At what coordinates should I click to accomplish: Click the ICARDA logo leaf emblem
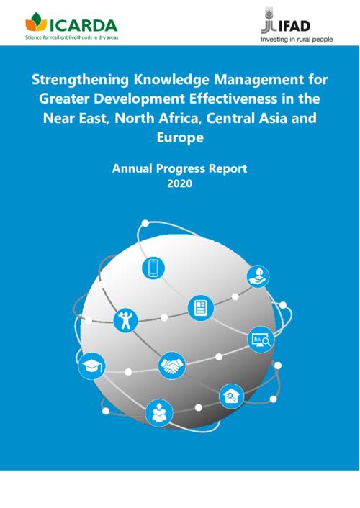pyautogui.click(x=36, y=22)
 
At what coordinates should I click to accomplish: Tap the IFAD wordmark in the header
pyautogui.click(x=294, y=26)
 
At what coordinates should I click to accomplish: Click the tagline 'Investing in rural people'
pyautogui.click(x=297, y=40)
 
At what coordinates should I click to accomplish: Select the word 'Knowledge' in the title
pyautogui.click(x=172, y=80)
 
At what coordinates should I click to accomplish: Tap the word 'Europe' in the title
pyautogui.click(x=180, y=137)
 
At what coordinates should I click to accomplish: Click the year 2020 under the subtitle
pyautogui.click(x=180, y=183)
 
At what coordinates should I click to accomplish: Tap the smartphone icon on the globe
pyautogui.click(x=153, y=268)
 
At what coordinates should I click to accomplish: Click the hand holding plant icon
pyautogui.click(x=258, y=276)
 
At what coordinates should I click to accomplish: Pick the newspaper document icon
pyautogui.click(x=201, y=308)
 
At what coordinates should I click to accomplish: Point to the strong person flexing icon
pyautogui.click(x=125, y=321)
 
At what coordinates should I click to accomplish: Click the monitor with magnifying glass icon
pyautogui.click(x=261, y=340)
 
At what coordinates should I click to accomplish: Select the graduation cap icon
pyautogui.click(x=91, y=366)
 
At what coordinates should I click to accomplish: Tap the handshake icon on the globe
pyautogui.click(x=171, y=366)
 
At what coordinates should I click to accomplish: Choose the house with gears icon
pyautogui.click(x=231, y=396)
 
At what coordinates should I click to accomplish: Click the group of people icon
pyautogui.click(x=159, y=413)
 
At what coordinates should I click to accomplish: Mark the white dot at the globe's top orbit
pyautogui.click(x=145, y=223)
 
